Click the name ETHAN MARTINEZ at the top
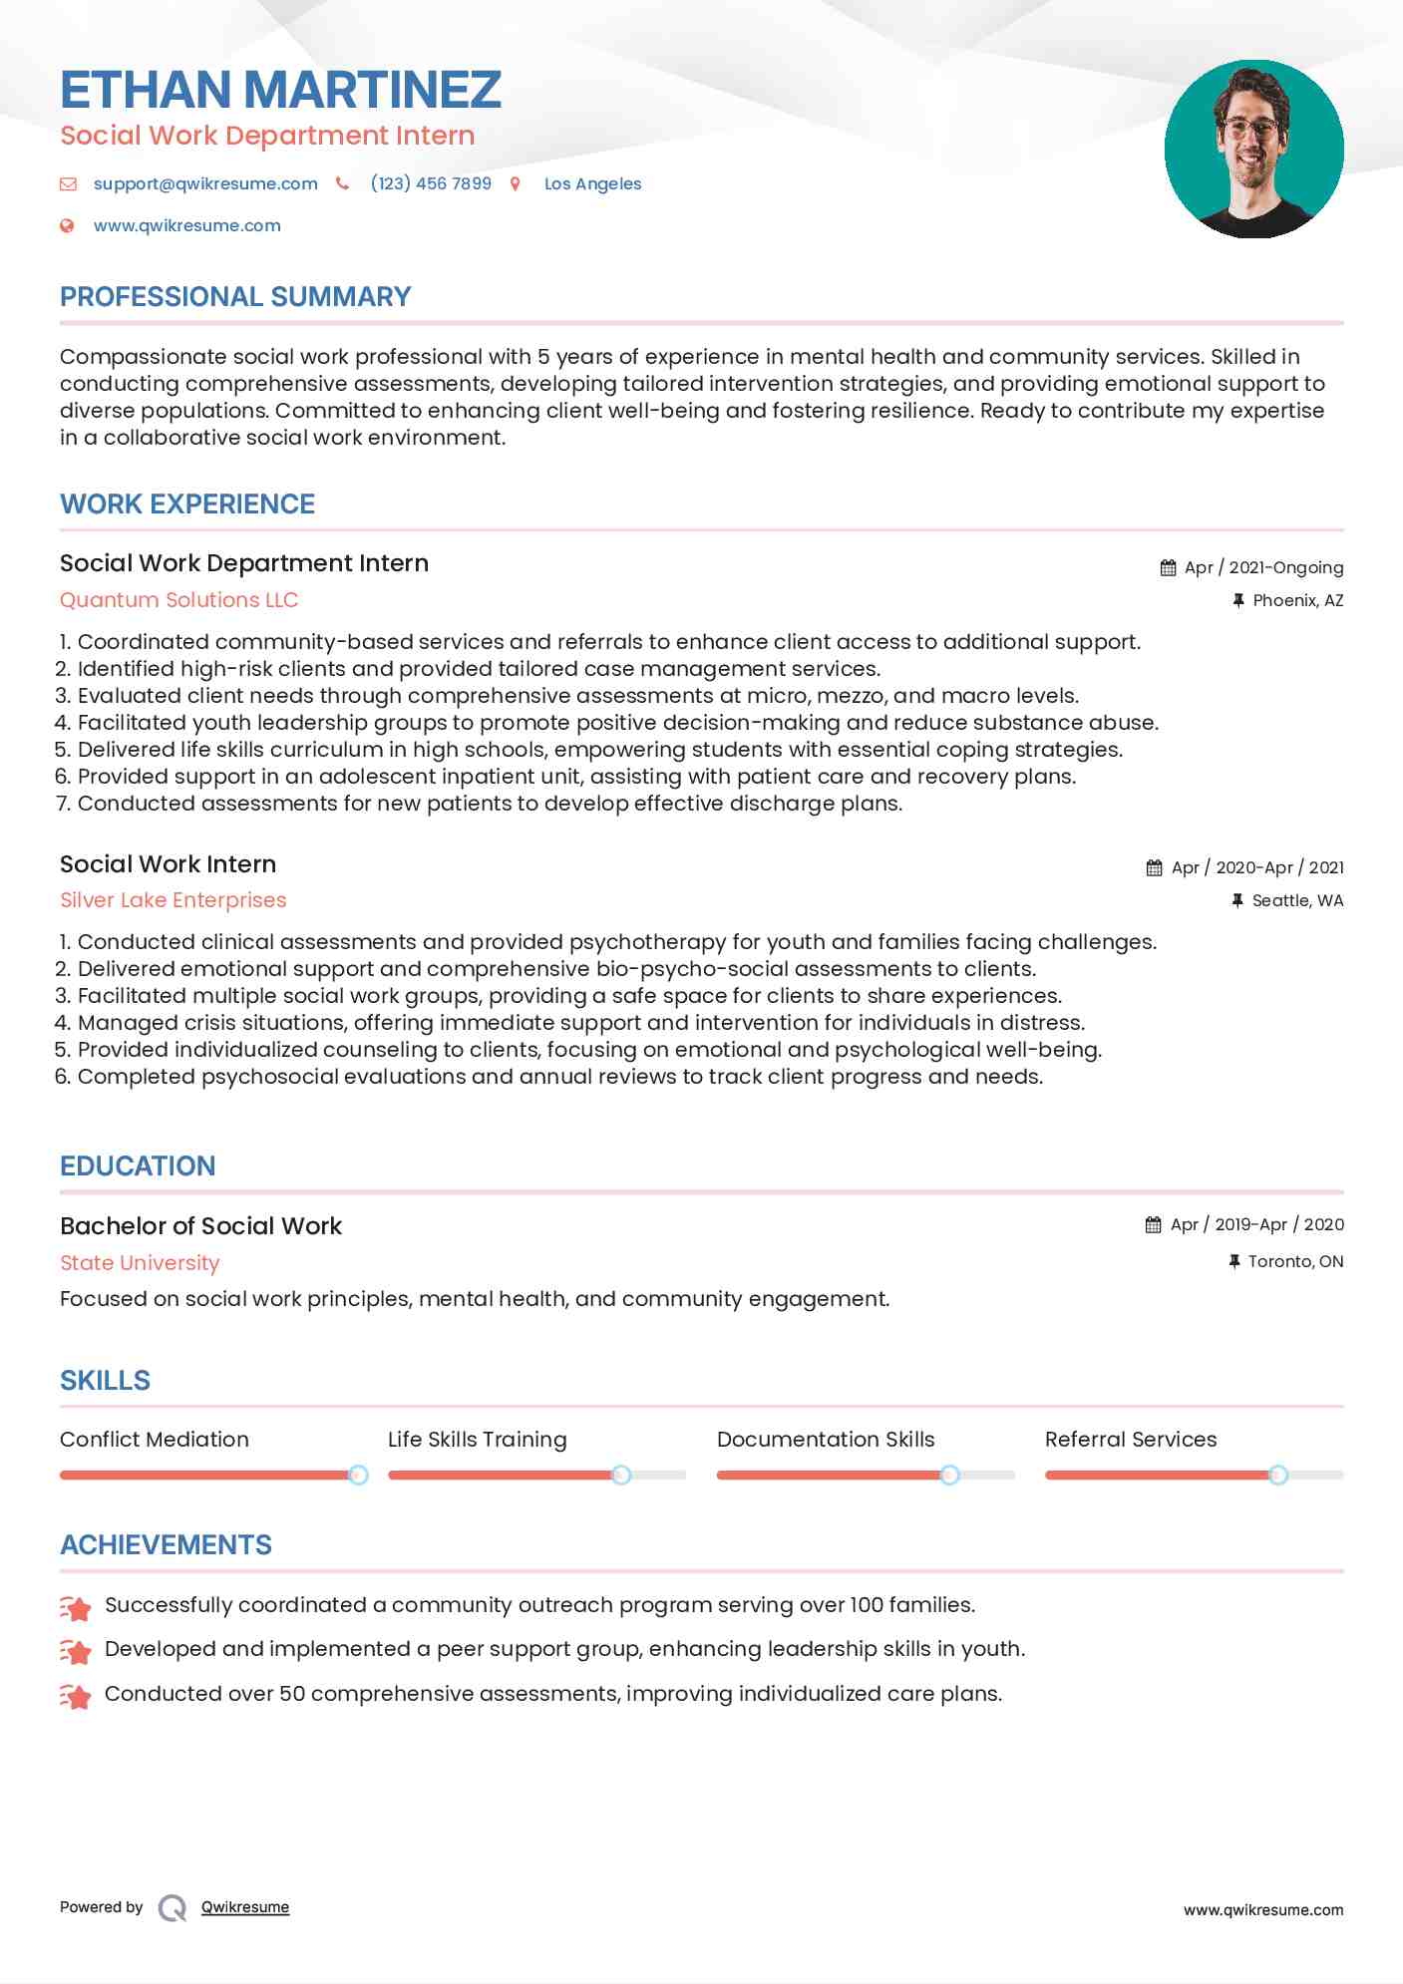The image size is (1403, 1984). pos(280,90)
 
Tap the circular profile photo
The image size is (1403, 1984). pos(1253,149)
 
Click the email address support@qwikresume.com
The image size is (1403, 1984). pos(205,183)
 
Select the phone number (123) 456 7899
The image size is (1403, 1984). pos(431,183)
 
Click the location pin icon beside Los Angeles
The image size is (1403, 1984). pos(516,183)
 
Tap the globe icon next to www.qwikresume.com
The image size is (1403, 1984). pos(67,225)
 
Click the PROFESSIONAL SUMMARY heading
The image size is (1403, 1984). pos(235,297)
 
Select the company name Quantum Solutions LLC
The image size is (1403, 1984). pos(178,600)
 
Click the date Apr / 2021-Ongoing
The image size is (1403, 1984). pos(1263,567)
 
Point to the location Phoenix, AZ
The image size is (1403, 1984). pos(1297,600)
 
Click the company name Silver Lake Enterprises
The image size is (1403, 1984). pos(173,900)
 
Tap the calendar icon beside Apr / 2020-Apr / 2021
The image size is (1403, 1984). pos(1154,867)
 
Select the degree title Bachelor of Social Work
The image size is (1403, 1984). pos(200,1226)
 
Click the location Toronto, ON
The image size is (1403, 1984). pos(1295,1261)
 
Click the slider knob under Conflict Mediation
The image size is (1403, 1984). pos(358,1475)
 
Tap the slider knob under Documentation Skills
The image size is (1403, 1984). pos(949,1475)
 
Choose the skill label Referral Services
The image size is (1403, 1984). pos(1131,1440)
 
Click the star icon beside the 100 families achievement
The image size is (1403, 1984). pos(76,1607)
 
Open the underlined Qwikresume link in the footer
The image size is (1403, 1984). pos(245,1907)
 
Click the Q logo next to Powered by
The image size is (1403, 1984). pos(173,1908)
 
